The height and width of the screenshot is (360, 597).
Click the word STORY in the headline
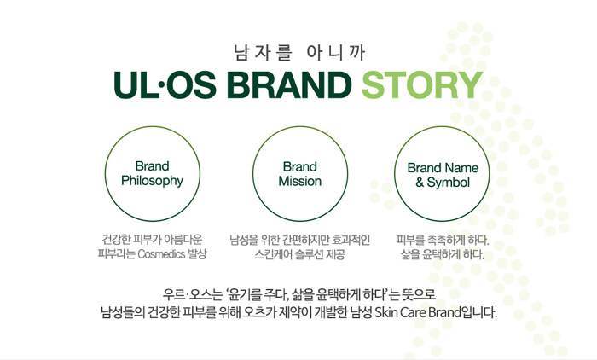point(422,84)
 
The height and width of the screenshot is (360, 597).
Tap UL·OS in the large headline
point(165,84)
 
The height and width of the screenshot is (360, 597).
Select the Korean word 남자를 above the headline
point(263,53)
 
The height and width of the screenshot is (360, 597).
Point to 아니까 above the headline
point(335,53)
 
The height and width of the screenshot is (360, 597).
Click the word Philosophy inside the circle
point(153,181)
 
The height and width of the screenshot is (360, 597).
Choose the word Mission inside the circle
point(300,181)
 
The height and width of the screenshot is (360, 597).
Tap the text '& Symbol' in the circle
point(443,183)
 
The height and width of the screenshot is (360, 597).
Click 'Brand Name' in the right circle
point(443,168)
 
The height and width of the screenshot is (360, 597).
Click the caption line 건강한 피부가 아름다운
point(153,240)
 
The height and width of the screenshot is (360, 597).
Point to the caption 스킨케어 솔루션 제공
point(300,254)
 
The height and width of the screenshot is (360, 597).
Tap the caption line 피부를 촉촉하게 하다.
point(443,241)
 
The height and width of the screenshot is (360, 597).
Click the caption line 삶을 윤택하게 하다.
point(443,254)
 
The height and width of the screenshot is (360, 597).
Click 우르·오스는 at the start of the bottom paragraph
point(192,294)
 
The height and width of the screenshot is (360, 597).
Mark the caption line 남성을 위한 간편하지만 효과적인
point(300,240)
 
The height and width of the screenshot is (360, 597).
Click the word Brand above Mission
point(300,167)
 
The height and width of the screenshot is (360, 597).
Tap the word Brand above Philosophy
point(153,166)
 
